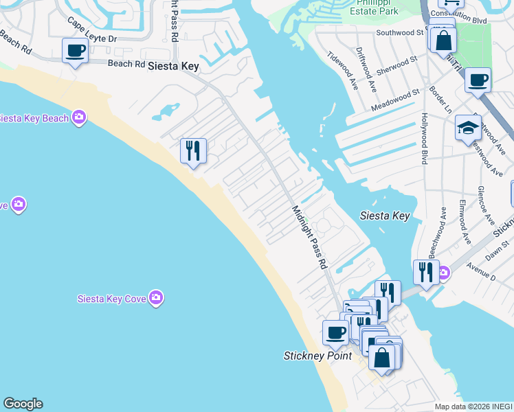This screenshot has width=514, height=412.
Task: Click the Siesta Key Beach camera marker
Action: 79,118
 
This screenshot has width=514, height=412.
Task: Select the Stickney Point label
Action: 317,356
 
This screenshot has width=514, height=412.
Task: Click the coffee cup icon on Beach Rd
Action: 74,50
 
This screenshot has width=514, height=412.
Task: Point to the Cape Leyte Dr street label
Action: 92,31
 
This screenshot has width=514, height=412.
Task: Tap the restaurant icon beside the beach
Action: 193,150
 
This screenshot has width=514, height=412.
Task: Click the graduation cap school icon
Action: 467,128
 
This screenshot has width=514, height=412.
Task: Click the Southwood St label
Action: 399,32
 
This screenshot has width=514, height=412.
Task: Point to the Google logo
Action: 23,404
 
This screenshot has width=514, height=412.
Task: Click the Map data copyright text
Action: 473,407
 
